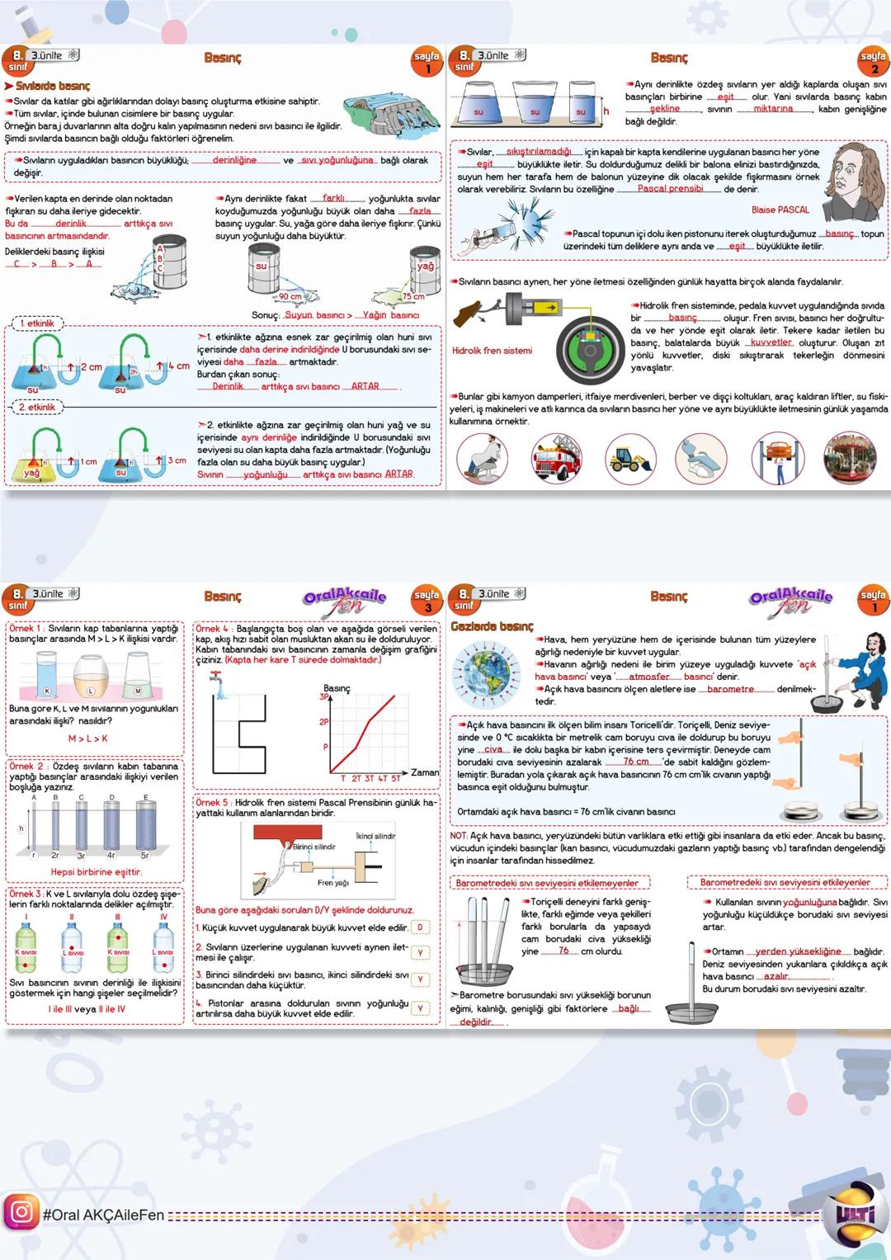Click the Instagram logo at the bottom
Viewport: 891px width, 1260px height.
(21, 1212)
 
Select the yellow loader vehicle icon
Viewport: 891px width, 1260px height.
(630, 459)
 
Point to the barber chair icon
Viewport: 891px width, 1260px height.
(482, 459)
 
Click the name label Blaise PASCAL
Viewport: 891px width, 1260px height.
(780, 210)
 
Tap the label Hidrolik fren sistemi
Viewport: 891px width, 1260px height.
(492, 351)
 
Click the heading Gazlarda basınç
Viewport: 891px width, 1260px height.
(492, 626)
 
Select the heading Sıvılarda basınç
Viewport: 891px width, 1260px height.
(48, 86)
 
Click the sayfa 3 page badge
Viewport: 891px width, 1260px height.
(427, 600)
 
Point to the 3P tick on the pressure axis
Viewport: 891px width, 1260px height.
(324, 696)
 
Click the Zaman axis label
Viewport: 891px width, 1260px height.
(425, 772)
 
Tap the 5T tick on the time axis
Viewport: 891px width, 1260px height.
(395, 778)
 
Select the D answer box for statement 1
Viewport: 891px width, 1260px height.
(420, 927)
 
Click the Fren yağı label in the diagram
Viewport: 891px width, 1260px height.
(332, 883)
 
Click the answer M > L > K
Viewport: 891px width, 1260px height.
(87, 739)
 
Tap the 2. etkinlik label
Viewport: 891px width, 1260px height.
(36, 407)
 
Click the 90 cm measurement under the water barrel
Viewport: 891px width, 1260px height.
(290, 296)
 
